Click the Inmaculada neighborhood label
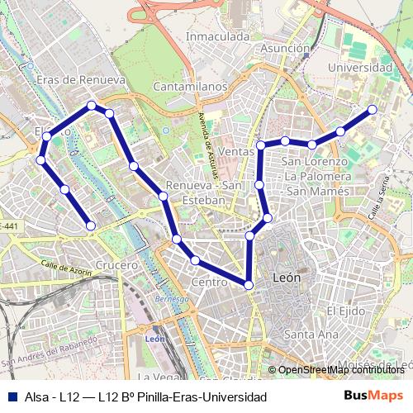pyautogui.click(x=217, y=37)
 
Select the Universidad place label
pyautogui.click(x=359, y=67)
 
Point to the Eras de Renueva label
pyautogui.click(x=81, y=80)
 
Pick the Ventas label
pyautogui.click(x=237, y=152)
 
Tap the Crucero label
pyautogui.click(x=116, y=265)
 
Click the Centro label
pyautogui.click(x=208, y=282)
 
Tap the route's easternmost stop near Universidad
pyautogui.click(x=373, y=109)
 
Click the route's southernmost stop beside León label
pyautogui.click(x=249, y=285)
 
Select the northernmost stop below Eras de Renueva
pyautogui.click(x=92, y=106)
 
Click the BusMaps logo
pyautogui.click(x=374, y=396)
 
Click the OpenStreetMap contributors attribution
pyautogui.click(x=340, y=370)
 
